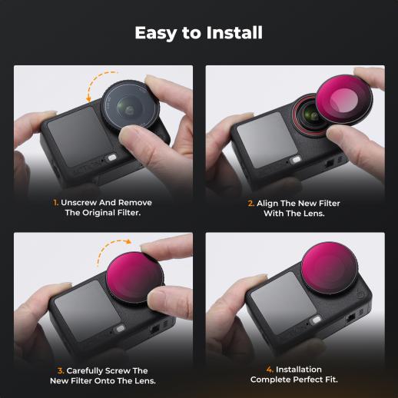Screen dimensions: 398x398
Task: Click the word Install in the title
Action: click(x=234, y=32)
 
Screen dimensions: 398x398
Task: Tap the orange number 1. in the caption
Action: click(x=55, y=203)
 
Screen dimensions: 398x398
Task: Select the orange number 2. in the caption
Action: click(x=251, y=204)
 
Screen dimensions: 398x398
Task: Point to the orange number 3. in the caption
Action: click(x=61, y=371)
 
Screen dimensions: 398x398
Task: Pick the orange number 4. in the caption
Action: click(x=270, y=370)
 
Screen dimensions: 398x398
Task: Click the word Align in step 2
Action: click(x=267, y=204)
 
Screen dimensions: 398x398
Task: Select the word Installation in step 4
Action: click(x=299, y=370)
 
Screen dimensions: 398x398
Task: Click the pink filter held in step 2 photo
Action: click(x=344, y=100)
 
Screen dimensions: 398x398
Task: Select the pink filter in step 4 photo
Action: click(x=330, y=269)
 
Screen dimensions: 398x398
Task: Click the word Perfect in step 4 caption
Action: click(x=308, y=380)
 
